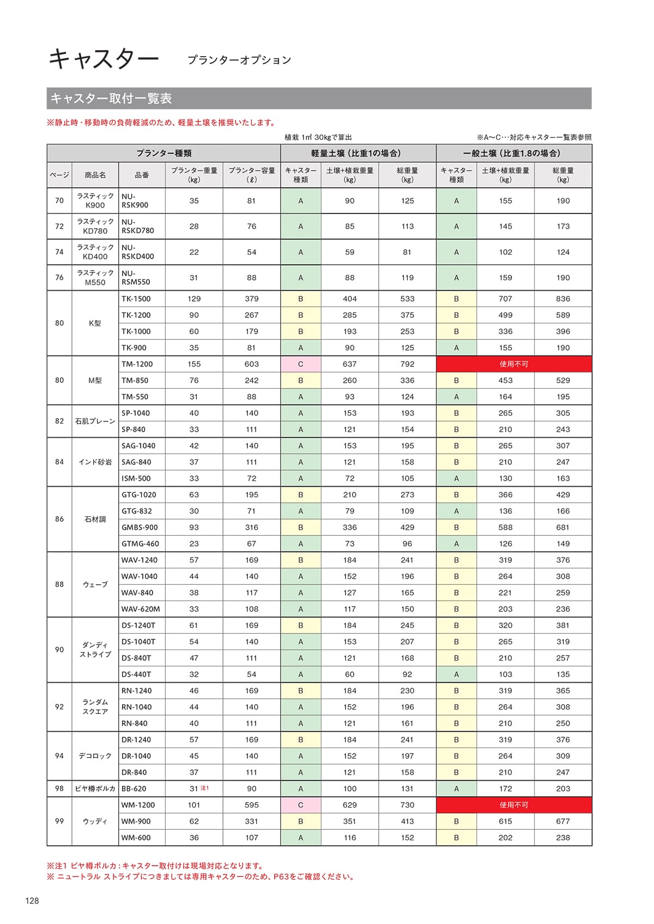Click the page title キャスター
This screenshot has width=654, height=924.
coord(104,58)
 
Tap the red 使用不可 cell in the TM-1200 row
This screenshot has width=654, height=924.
coord(514,364)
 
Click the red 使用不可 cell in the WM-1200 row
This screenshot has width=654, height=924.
coord(514,805)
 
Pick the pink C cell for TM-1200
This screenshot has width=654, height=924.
coord(301,364)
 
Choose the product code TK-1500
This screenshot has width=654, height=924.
coord(136,298)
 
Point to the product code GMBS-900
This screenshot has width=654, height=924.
coord(140,527)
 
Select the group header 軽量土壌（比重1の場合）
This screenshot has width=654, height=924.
coord(358,153)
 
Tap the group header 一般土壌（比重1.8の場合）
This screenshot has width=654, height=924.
coord(513,153)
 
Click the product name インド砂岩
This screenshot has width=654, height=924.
coord(95,462)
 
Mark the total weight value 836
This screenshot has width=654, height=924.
coord(563,298)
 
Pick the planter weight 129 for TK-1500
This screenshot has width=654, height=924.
coord(194,298)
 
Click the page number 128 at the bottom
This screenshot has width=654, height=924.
coord(32,901)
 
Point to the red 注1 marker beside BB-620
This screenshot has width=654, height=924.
coord(205,788)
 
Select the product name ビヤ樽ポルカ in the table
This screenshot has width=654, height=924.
coord(95,788)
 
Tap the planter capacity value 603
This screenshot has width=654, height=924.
coord(251,364)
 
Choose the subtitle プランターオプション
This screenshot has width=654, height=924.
coord(239,60)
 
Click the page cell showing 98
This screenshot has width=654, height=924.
coord(59,788)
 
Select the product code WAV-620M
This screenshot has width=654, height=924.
coord(141,609)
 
